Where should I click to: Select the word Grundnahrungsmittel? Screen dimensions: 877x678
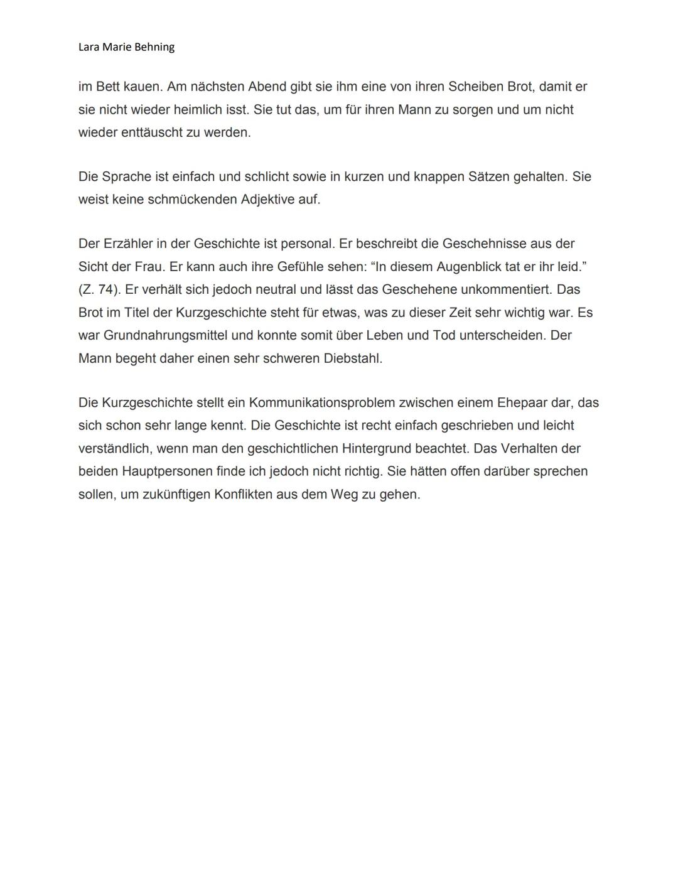click(165, 335)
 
